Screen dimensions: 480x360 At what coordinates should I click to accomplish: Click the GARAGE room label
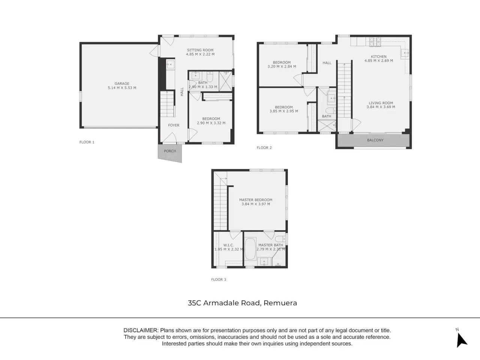point(122,84)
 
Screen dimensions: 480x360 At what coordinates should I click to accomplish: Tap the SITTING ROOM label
point(200,50)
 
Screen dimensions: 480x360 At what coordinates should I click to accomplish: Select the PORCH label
point(170,151)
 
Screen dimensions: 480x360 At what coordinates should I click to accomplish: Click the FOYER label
point(174,125)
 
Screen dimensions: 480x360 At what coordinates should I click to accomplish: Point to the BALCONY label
point(375,140)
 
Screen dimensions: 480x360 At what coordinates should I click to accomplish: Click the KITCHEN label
point(378,57)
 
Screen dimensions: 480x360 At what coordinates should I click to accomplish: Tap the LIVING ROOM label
point(381,103)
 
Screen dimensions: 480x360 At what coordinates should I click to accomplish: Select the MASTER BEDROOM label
point(256,200)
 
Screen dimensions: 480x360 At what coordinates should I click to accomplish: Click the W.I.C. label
point(228,245)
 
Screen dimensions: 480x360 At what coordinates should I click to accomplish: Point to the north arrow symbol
point(461,339)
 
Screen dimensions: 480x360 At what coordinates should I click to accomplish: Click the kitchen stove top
point(375,42)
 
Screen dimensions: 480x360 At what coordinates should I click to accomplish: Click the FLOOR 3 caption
point(219,280)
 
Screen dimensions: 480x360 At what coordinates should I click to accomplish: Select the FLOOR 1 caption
point(87,142)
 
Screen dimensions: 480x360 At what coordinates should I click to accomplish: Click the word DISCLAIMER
point(140,330)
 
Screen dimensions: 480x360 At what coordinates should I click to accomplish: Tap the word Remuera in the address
point(280,303)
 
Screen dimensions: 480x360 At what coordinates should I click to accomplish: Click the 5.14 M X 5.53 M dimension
point(122,88)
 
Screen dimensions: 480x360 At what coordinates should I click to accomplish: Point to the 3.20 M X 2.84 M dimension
point(282,66)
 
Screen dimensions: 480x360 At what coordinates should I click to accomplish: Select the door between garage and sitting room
point(155,51)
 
